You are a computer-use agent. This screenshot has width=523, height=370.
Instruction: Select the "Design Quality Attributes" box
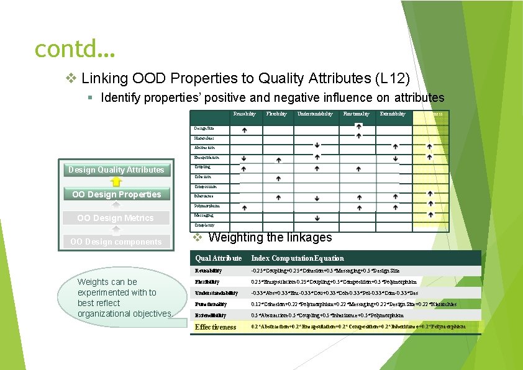tap(116, 169)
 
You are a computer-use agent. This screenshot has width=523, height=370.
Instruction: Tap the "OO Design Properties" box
tap(116, 194)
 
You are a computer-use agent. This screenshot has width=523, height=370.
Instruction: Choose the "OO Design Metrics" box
tap(116, 218)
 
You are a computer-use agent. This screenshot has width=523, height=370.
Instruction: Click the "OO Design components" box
tap(116, 241)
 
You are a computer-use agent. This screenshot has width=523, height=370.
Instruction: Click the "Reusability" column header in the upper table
tap(244, 114)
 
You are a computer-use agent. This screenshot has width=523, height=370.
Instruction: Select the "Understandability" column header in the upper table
tap(315, 114)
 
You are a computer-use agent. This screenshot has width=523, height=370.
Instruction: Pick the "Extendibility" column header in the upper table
tap(393, 114)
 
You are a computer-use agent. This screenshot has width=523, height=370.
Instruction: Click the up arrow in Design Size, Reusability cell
tap(244, 130)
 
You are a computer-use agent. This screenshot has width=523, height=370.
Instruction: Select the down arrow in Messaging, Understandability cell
tap(317, 218)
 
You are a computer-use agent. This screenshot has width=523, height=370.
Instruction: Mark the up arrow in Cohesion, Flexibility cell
tap(278, 179)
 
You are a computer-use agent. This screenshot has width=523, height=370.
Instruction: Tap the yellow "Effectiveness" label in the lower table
tap(216, 327)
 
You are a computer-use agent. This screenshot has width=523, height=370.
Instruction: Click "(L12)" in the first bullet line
tap(393, 78)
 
